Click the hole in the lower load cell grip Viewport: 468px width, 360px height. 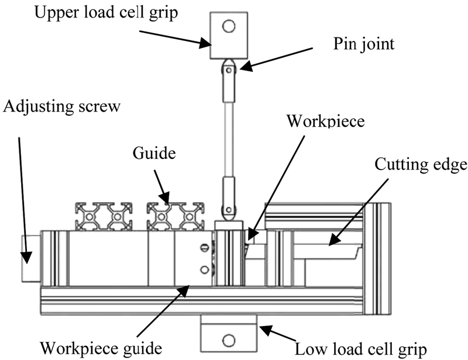pos(229,338)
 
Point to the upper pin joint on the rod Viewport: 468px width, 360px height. pos(229,70)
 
